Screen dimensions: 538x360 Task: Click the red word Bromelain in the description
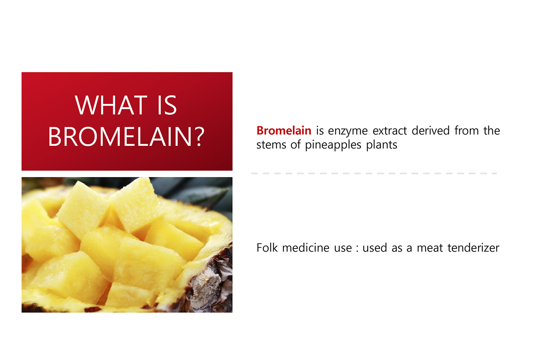point(284,130)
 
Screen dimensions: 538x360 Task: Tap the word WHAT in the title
point(111,105)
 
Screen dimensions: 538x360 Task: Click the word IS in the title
point(167,105)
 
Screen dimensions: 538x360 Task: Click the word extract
point(390,131)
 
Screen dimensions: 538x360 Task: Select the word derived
point(430,130)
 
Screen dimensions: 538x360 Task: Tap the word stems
point(271,145)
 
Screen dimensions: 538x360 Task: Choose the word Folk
point(267,248)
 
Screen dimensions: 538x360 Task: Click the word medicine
point(305,248)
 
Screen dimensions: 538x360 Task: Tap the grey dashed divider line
point(374,173)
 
